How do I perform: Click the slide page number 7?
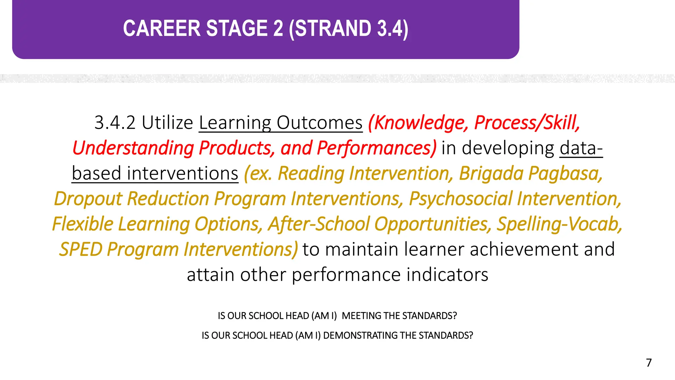[649, 363]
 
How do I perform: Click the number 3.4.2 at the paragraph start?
[115, 123]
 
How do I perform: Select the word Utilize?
[167, 123]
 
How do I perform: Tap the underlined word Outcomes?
[319, 123]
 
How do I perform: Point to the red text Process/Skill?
[527, 123]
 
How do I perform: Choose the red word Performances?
[376, 148]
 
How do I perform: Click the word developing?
[508, 148]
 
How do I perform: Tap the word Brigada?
[491, 174]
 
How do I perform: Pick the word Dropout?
[88, 199]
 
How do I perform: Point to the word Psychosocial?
[460, 199]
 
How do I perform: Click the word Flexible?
[83, 224]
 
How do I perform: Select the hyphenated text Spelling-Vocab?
[559, 224]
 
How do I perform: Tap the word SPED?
[81, 249]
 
